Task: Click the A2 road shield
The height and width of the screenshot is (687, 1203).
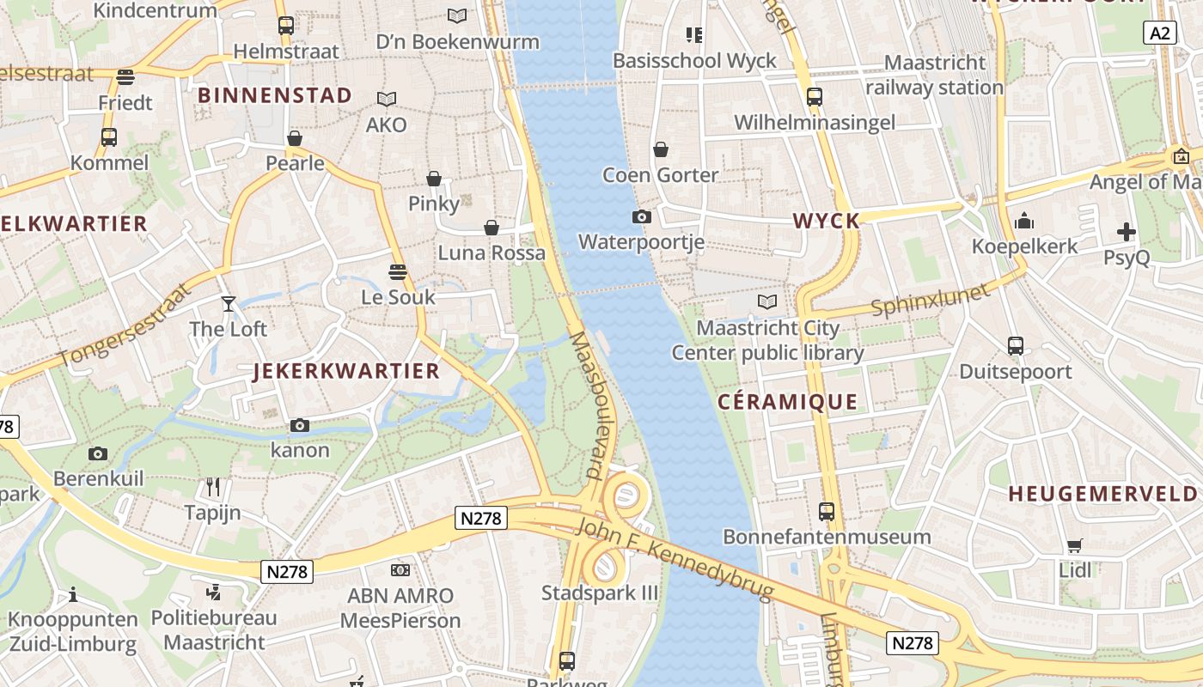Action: point(1160,33)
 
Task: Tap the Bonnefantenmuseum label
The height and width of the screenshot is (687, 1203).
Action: point(827,537)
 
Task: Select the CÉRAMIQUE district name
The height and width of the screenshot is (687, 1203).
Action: point(787,401)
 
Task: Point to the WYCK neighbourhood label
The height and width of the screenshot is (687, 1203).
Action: point(826,221)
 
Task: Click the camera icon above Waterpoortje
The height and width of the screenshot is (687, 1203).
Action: point(641,216)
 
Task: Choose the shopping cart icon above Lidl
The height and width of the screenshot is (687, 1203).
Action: point(1074,545)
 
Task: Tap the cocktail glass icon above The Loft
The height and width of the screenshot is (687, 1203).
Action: point(228,303)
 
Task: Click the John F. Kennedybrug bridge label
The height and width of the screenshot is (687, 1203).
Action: point(675,558)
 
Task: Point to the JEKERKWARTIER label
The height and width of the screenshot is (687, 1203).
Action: point(346,371)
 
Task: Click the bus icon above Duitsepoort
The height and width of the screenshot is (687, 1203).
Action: point(1015,346)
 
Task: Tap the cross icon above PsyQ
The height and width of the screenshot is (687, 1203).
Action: point(1126,232)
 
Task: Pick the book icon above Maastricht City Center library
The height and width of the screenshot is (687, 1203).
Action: point(766,301)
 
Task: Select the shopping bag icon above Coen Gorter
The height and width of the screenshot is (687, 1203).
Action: point(660,149)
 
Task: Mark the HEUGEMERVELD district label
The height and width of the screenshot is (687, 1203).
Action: point(1102,494)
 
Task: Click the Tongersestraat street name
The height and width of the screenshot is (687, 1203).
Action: point(124,325)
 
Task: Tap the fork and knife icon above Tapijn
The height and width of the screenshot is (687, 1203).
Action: point(213,487)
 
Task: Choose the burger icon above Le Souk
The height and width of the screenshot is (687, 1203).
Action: point(397,272)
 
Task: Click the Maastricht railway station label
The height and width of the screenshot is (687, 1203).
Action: point(934,75)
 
